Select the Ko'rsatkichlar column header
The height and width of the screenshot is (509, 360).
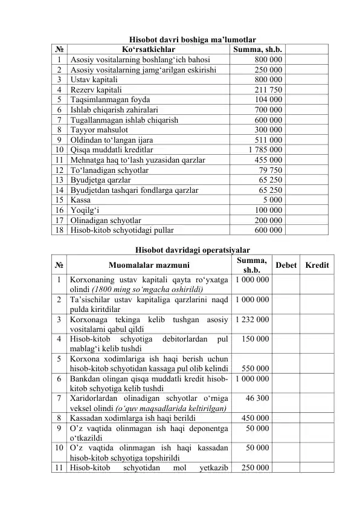[x=148, y=49]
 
